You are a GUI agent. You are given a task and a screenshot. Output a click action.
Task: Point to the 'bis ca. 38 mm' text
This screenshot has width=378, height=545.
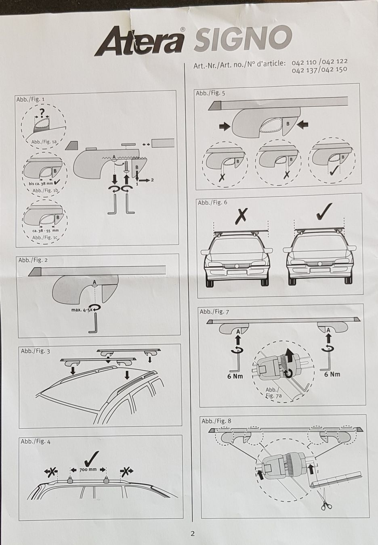coord(41,184)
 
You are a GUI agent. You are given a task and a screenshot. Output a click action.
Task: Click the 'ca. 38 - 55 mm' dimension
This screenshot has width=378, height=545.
coord(46,231)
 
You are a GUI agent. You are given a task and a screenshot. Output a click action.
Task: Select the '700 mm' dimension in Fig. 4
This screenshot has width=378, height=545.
coord(88,470)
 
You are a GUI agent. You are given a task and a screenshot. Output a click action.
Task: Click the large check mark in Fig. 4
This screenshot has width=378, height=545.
coord(91,458)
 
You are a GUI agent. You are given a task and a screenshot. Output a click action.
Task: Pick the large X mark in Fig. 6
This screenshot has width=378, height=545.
coord(241,216)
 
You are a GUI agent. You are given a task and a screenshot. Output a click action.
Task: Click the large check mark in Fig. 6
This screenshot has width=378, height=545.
coord(324,212)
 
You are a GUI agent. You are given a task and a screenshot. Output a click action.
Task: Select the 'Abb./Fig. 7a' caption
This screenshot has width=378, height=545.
coord(274,392)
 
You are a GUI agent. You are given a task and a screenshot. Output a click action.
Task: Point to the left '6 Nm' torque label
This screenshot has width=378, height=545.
coord(235,376)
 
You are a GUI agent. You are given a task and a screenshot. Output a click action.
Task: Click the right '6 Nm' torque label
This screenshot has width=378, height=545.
coord(332,374)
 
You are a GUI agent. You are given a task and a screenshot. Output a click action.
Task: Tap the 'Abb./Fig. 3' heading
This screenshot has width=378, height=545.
coord(36,351)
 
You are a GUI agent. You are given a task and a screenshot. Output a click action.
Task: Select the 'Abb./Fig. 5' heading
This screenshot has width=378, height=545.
coord(210,93)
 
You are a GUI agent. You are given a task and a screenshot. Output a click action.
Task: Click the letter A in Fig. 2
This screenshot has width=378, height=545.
coord(94,282)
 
